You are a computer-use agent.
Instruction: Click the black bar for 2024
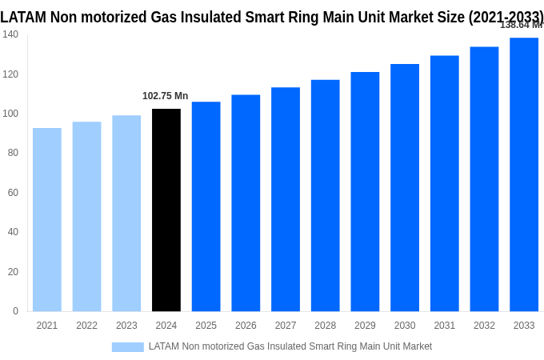(x=166, y=210)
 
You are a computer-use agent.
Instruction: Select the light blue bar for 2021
(x=47, y=219)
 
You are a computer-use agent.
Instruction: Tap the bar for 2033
(x=524, y=174)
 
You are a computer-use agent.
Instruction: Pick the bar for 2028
(x=325, y=195)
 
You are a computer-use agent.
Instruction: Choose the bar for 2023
(x=126, y=213)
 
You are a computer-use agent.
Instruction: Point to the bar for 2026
(x=246, y=203)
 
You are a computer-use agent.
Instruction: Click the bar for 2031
(x=444, y=183)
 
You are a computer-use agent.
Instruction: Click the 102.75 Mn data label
(x=166, y=96)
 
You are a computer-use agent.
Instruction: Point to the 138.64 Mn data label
(x=521, y=25)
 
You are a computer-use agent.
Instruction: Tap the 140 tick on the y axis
(x=10, y=34)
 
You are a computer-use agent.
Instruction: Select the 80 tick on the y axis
(x=13, y=153)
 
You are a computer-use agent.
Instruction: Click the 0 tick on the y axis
(x=15, y=311)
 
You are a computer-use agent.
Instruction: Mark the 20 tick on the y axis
(x=13, y=272)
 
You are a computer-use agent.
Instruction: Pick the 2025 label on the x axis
(x=206, y=326)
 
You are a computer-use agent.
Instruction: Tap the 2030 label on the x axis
(x=405, y=326)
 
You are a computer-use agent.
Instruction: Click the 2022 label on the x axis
(x=86, y=326)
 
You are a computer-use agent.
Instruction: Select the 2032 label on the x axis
(x=484, y=326)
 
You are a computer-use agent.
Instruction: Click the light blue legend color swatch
(x=127, y=347)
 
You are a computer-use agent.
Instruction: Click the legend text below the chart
(x=290, y=346)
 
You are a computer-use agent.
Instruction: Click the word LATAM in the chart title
(x=22, y=17)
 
